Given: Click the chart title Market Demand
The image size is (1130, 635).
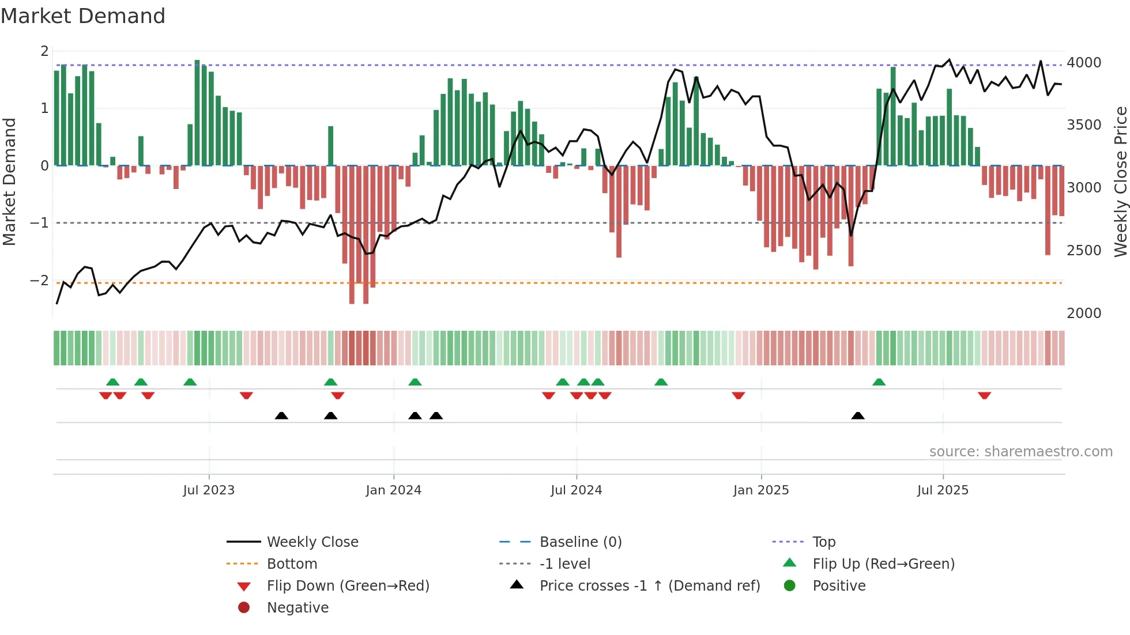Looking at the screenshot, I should click(x=83, y=16).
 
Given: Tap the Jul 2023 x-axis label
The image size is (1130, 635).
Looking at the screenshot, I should click(x=209, y=490).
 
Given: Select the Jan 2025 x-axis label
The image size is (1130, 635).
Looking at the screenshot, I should click(x=761, y=490).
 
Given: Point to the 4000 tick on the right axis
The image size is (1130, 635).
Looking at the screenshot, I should click(x=1084, y=62).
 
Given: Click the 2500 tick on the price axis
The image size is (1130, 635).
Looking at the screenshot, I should click(x=1084, y=251).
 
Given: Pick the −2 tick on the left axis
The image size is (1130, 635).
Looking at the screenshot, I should click(x=39, y=281).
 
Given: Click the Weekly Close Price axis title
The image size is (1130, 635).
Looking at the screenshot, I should click(x=1120, y=182).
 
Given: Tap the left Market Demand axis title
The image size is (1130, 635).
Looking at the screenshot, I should click(x=9, y=182).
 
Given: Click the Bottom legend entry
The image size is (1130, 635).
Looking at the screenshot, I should click(x=292, y=564).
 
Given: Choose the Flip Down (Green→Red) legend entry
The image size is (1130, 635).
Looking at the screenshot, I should click(x=348, y=586).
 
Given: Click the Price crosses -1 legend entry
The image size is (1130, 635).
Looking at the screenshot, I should click(x=650, y=586).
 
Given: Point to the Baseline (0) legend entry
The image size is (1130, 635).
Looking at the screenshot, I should click(x=581, y=542).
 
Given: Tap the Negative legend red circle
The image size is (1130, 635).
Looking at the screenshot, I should click(x=244, y=608).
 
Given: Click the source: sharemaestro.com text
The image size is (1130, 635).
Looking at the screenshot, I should click(x=1020, y=452).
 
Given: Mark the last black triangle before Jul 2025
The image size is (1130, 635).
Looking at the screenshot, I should click(x=858, y=416).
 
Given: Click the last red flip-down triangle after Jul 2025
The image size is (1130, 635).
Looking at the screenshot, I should click(x=984, y=395).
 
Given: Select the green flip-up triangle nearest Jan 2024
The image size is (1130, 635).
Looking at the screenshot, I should click(x=415, y=382).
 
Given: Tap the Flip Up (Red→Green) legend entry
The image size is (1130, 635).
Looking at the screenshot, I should click(x=883, y=564).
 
